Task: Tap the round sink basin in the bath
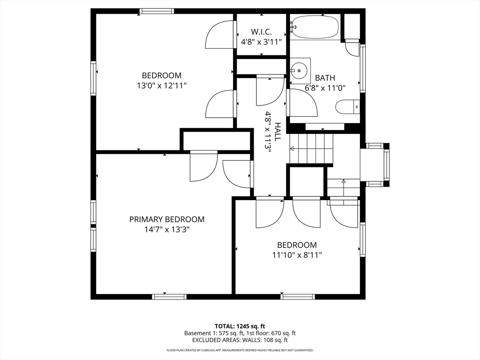(299, 71)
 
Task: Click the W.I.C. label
(261, 31)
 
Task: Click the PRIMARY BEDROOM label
(167, 219)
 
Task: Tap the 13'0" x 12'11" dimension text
(162, 85)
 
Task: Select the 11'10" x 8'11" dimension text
(297, 255)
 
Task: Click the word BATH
(325, 78)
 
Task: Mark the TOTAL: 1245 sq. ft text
(240, 326)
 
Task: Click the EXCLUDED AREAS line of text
(240, 340)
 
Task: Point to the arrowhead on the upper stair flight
(292, 149)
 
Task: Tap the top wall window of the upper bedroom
(157, 11)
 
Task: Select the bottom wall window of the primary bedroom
(169, 297)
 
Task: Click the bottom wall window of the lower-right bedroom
(298, 297)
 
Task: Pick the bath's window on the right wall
(363, 68)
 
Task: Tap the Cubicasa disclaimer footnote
(240, 350)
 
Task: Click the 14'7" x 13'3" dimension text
(167, 229)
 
